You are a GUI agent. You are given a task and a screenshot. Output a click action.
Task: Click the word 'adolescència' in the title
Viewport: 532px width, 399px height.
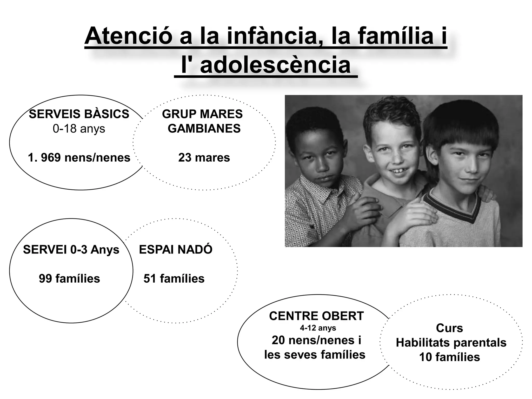275,65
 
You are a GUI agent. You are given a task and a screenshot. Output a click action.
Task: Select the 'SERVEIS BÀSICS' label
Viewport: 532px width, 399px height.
79,114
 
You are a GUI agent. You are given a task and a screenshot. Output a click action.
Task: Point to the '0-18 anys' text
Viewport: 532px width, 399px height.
79,129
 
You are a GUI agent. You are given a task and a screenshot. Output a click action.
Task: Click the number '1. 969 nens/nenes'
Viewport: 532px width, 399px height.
79,158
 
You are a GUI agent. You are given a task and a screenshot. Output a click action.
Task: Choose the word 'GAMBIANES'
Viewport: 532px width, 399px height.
204,129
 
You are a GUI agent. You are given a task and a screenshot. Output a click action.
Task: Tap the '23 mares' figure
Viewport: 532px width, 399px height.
204,158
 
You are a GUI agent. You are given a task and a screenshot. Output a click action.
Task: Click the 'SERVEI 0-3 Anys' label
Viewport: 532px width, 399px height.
71,250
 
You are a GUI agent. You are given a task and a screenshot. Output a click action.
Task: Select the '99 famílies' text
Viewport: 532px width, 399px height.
69,279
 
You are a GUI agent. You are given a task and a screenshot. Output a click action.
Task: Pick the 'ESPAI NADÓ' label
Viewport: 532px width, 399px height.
176,250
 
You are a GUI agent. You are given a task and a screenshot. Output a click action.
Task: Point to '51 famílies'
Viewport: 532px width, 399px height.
174,279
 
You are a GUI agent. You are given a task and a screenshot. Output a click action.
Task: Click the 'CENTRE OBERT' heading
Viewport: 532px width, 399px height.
316,316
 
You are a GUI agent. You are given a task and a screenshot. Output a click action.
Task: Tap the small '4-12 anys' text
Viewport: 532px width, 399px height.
318,328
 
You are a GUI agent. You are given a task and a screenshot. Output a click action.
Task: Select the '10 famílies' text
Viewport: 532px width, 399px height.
449,357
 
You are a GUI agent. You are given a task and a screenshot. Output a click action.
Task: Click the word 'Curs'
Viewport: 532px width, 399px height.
449,328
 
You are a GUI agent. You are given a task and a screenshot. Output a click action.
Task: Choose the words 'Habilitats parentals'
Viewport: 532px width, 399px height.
451,343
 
